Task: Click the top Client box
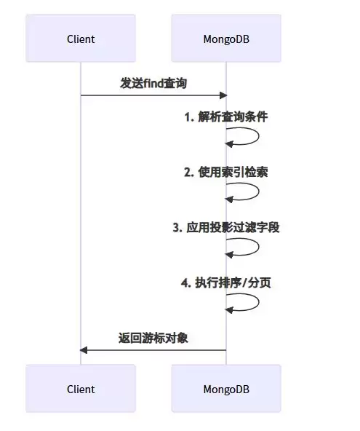(x=81, y=39)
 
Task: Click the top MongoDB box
(x=225, y=39)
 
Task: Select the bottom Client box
(x=81, y=389)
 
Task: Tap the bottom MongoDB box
(x=225, y=389)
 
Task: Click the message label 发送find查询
(x=153, y=83)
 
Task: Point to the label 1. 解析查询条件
(x=226, y=116)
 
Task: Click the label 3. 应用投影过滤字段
(x=226, y=227)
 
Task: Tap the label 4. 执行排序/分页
(x=226, y=282)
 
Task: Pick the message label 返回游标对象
(x=153, y=338)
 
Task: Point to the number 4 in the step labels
(x=184, y=282)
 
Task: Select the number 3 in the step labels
(x=176, y=227)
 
